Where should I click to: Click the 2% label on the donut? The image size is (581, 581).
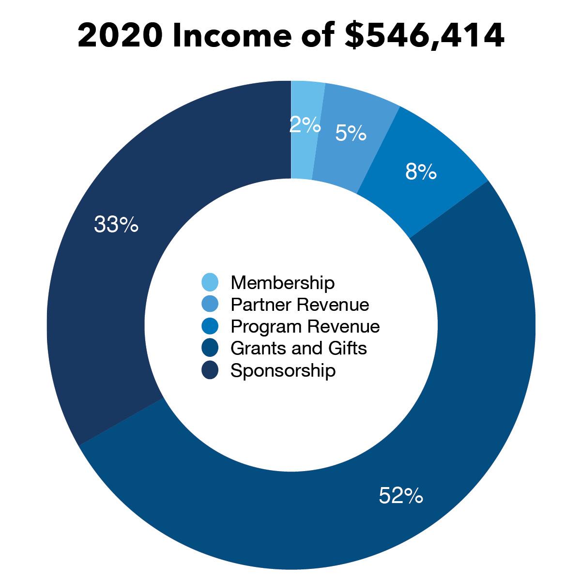tap(305, 125)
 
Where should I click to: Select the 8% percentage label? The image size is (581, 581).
tap(421, 172)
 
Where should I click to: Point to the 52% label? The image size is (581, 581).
tap(401, 496)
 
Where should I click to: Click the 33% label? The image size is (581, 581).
tap(116, 225)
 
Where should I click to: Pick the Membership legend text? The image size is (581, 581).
tap(283, 282)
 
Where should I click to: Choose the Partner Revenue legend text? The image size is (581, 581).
tap(300, 305)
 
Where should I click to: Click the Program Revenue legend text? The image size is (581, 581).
tap(305, 326)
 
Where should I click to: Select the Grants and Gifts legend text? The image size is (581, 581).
tap(299, 348)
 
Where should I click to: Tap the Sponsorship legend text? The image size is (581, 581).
tap(283, 370)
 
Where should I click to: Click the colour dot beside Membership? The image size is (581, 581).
tap(210, 282)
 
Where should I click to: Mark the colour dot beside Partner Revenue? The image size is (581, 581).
tap(210, 304)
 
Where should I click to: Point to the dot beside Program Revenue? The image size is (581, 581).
tap(210, 326)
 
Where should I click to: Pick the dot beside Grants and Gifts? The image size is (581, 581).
tap(210, 348)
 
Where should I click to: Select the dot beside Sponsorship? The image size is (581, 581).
tap(210, 370)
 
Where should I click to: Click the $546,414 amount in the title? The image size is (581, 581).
tap(424, 36)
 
